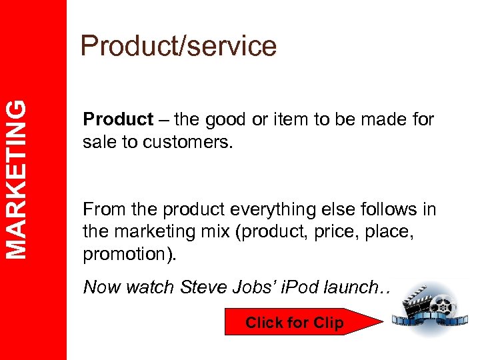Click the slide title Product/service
pos(178,47)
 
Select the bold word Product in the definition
pos(118,120)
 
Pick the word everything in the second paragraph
pos(265,211)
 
